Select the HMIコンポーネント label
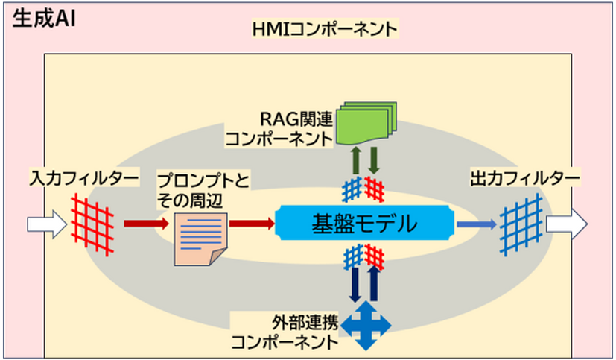point(324,31)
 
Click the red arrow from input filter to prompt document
point(142,223)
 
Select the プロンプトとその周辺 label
point(201,190)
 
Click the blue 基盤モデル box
point(364,223)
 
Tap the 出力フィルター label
point(525,179)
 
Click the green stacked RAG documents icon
point(366,122)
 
